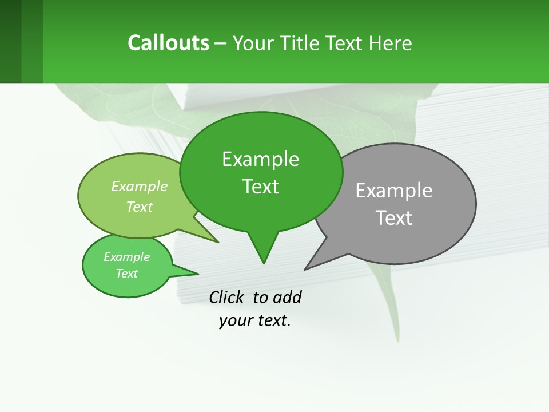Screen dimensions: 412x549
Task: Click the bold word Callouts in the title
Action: (168, 43)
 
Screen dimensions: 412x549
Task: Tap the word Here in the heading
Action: (391, 43)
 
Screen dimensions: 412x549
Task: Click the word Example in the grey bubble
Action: (394, 191)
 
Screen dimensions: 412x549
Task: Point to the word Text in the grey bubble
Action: (394, 218)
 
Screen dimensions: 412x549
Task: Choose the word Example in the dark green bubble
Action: (260, 159)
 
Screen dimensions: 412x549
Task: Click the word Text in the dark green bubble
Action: (260, 187)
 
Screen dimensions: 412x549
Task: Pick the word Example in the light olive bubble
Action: (140, 186)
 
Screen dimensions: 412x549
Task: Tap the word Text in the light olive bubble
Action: (140, 207)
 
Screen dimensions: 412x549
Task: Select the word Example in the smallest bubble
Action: (126, 257)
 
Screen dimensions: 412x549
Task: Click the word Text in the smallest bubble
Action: (126, 274)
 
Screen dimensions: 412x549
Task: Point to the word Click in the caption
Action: (226, 297)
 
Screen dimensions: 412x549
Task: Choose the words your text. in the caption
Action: (255, 320)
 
